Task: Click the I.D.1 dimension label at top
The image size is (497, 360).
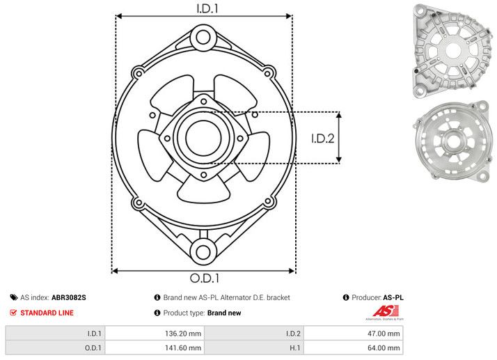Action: click(203, 9)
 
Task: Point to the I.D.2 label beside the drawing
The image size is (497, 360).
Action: click(323, 138)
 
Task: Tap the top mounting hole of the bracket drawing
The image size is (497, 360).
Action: click(203, 36)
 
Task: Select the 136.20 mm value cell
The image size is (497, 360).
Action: click(155, 333)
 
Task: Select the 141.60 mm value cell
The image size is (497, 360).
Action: click(155, 347)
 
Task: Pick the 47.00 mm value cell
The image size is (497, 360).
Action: click(353, 333)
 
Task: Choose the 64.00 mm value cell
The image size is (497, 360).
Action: click(353, 347)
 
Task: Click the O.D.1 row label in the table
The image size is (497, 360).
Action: click(95, 347)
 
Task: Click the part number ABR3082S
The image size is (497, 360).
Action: click(69, 297)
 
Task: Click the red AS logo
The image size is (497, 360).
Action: click(386, 312)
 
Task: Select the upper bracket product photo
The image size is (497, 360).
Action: click(450, 49)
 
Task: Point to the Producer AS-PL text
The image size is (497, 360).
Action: click(377, 297)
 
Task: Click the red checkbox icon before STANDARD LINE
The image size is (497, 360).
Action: click(13, 313)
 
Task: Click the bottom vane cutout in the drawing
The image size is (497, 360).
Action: click(203, 188)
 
